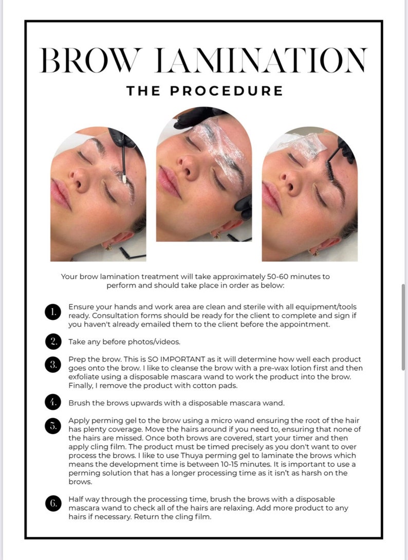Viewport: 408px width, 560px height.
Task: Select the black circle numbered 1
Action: [x=53, y=312]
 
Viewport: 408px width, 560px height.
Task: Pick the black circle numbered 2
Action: [x=53, y=341]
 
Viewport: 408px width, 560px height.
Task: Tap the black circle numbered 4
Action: [x=53, y=403]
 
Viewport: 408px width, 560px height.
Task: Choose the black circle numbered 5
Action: [x=53, y=426]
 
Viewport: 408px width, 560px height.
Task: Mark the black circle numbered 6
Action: [x=53, y=504]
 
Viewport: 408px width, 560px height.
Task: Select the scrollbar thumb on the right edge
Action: [x=404, y=327]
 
